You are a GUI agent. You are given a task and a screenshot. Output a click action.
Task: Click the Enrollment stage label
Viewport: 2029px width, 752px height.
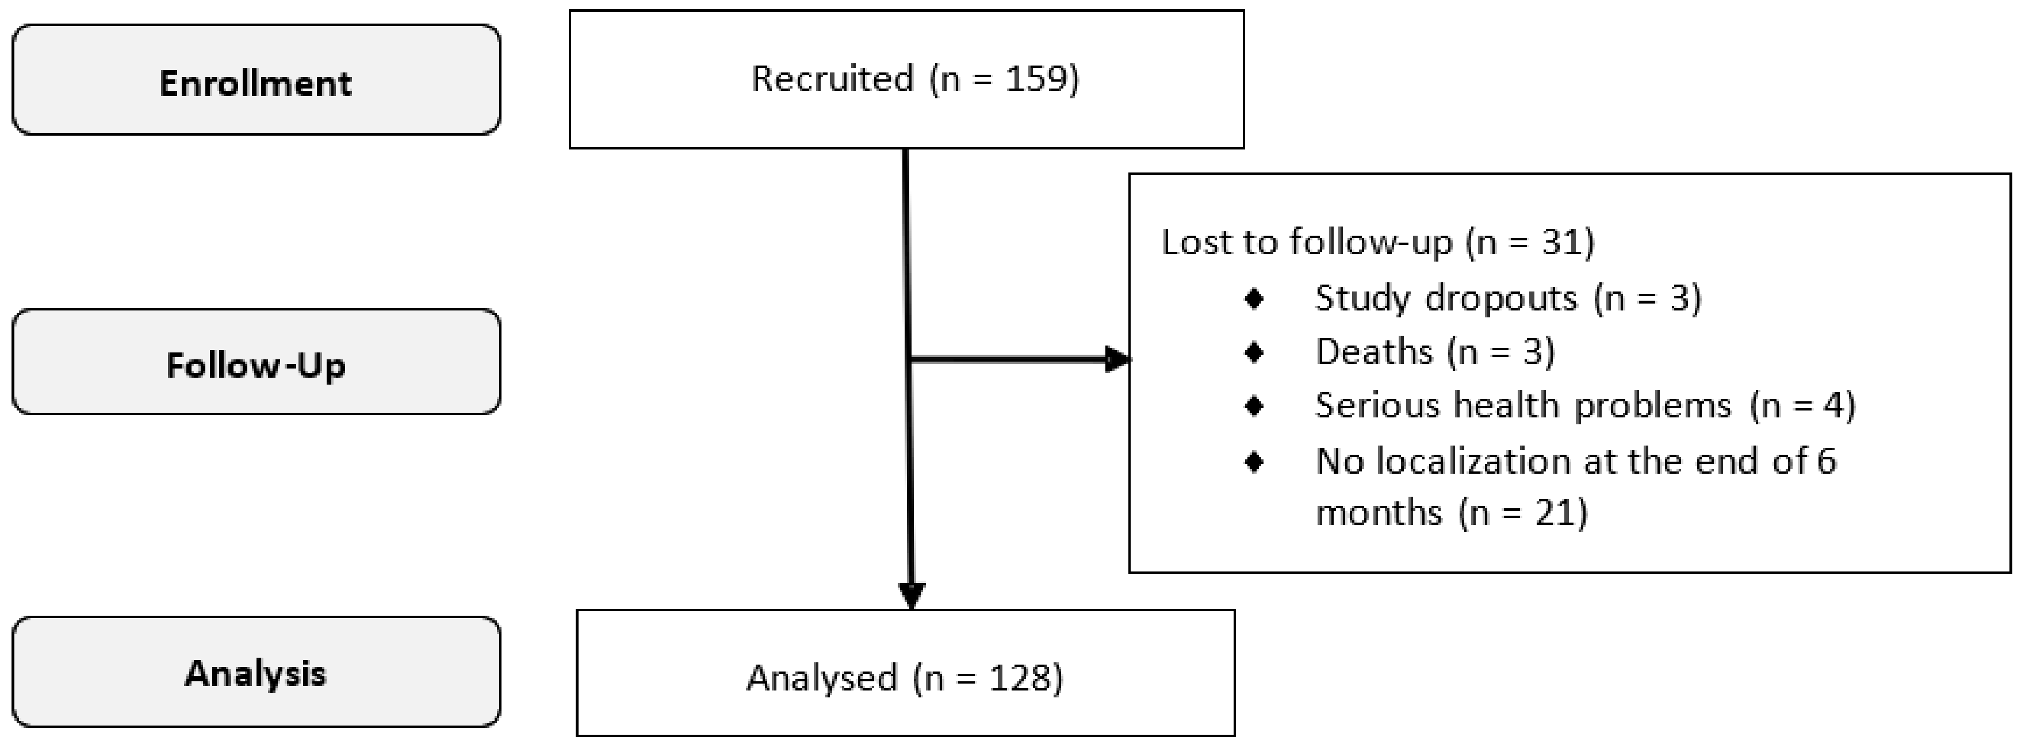point(255,83)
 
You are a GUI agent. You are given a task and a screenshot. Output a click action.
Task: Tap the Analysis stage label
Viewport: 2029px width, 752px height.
point(255,673)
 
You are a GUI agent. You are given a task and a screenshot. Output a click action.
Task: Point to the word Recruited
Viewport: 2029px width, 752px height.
point(832,79)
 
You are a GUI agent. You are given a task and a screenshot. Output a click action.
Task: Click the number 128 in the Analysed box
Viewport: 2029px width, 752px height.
point(1020,678)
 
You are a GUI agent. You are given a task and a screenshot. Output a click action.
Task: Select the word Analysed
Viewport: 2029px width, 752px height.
point(821,678)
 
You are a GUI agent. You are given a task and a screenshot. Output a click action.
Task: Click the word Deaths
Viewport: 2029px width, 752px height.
point(1374,352)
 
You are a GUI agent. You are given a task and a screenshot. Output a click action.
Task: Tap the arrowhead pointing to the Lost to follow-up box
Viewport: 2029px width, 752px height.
point(1117,360)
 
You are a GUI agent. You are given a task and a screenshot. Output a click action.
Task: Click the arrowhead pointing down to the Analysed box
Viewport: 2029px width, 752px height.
point(912,595)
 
